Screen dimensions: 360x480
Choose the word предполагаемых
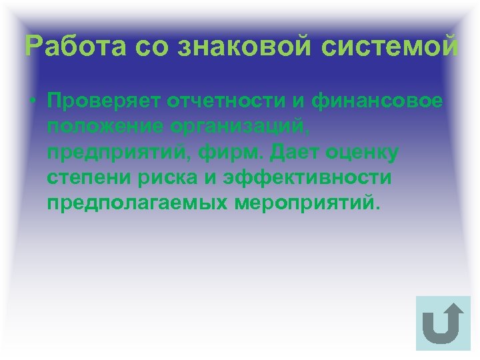[137, 203]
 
